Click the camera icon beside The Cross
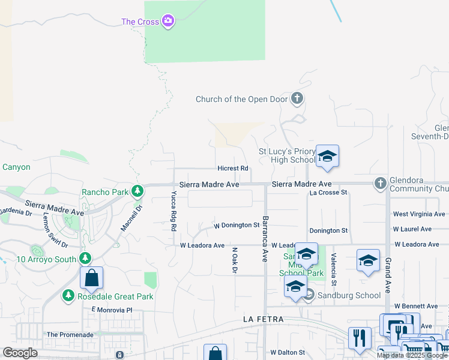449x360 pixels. click(x=168, y=22)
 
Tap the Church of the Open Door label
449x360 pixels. click(x=242, y=99)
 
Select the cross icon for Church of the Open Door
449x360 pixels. click(x=297, y=98)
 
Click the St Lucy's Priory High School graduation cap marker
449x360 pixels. click(x=327, y=157)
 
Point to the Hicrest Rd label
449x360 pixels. click(x=233, y=169)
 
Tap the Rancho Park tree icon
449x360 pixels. click(x=138, y=191)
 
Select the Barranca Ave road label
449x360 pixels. click(x=264, y=238)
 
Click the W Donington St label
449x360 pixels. click(x=237, y=226)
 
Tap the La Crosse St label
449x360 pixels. click(x=328, y=193)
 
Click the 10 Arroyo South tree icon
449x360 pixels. click(x=85, y=259)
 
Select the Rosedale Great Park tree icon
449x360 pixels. click(x=68, y=296)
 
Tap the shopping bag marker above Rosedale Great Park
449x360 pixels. click(x=91, y=278)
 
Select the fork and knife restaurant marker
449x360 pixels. click(x=360, y=337)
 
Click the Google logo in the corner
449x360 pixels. click(x=20, y=353)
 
